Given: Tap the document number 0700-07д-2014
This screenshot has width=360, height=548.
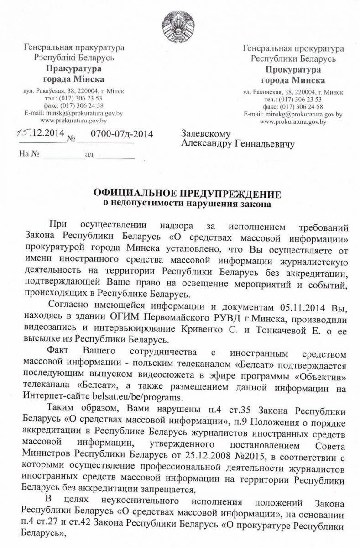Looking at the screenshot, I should (121, 134).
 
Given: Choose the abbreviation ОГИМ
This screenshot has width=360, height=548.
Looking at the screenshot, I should (147, 316).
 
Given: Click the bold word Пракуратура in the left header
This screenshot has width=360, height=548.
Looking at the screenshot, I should (73, 69).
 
